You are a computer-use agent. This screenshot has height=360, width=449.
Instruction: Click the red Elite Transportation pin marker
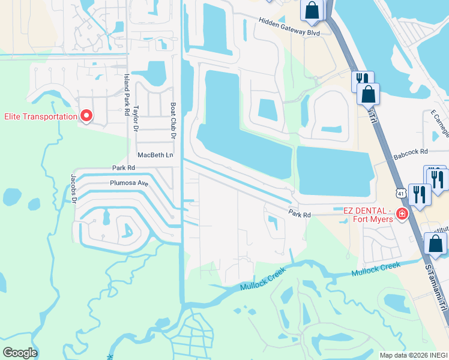pos(86,115)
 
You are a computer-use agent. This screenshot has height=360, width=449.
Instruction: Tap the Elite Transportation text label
pos(41,116)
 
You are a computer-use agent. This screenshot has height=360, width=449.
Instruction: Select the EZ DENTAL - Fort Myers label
pos(367,214)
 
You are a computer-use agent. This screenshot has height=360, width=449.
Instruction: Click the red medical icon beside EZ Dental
pos(401,214)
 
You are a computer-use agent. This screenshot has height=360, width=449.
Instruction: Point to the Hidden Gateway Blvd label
pos(289,26)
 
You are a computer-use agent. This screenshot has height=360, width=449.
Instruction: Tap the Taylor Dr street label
pos(136,116)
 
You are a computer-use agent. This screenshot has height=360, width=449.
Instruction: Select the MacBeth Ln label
pos(155,155)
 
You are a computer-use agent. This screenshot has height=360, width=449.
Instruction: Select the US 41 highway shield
pos(400,193)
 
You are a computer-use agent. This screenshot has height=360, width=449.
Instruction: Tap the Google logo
pos(20,353)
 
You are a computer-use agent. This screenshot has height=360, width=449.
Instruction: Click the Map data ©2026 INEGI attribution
pos(414,355)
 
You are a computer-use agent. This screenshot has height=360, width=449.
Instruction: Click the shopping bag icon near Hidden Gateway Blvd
pos(312,10)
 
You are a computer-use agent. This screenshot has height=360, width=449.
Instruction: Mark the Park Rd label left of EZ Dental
pos(299,214)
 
